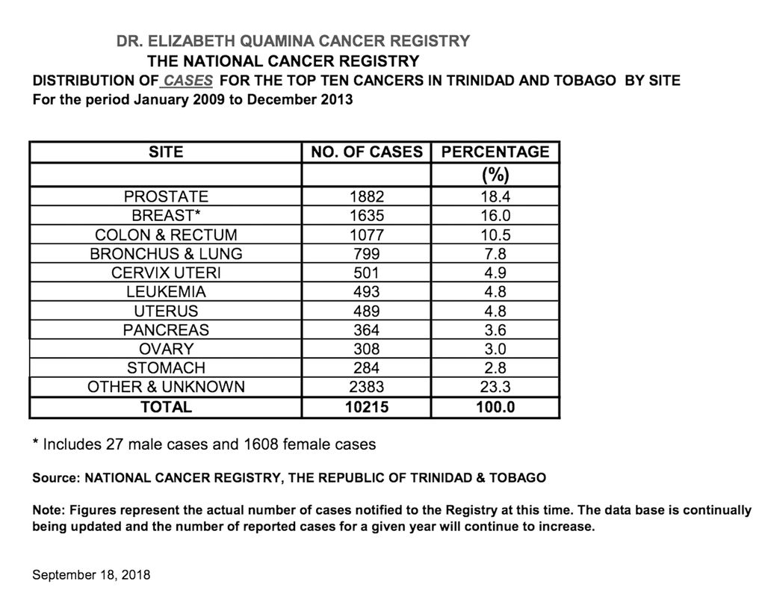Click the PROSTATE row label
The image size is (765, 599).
(x=166, y=197)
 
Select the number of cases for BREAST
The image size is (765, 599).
(x=366, y=217)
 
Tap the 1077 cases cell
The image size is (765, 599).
(x=366, y=235)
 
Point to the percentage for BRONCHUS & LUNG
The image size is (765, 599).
(x=495, y=254)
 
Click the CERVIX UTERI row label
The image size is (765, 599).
(x=166, y=273)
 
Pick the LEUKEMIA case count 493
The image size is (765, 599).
(x=366, y=292)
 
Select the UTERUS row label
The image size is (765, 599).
(x=166, y=311)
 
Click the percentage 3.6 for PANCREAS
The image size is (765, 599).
(x=495, y=330)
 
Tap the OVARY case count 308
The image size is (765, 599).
(x=366, y=350)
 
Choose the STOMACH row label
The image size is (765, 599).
(x=166, y=368)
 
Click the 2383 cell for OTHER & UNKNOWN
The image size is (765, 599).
(x=366, y=387)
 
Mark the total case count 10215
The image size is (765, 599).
(x=366, y=407)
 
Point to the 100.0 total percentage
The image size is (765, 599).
(x=495, y=407)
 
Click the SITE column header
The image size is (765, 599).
(x=166, y=152)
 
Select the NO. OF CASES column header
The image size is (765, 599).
(x=366, y=152)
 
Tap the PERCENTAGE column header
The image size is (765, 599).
(x=495, y=152)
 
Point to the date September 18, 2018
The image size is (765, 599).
(x=92, y=575)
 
